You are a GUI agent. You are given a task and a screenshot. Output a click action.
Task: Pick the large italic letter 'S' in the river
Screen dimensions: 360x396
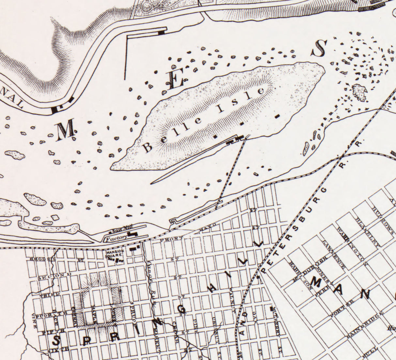tap(318, 48)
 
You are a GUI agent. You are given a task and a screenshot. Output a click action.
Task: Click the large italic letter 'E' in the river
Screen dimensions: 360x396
tap(175, 80)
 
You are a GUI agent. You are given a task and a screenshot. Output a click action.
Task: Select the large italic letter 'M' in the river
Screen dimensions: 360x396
tap(67, 131)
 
